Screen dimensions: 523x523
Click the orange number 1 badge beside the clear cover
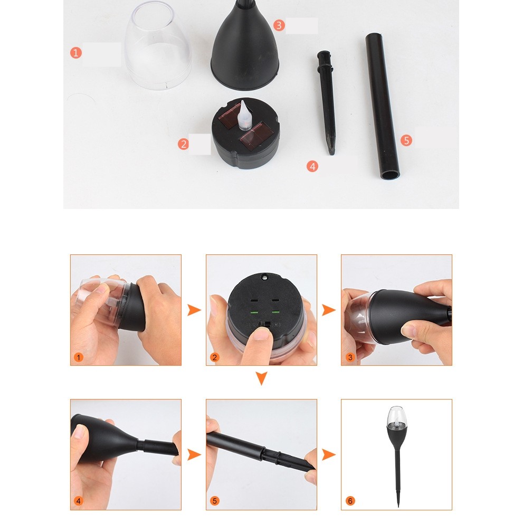coord(76,53)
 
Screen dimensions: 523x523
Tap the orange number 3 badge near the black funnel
coord(279,25)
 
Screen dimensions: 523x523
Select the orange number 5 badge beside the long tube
coord(406,140)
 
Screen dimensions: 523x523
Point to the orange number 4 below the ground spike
coord(312,166)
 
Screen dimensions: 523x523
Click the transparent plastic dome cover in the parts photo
coord(157,47)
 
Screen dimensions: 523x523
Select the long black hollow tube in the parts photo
coord(383,106)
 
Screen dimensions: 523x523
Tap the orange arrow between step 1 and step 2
coord(194,310)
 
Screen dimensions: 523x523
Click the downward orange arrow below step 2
coord(261,378)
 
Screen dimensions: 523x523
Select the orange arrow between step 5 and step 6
coord(329,454)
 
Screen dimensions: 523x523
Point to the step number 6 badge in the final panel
coord(350,501)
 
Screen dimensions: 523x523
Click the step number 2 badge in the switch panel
coord(214,357)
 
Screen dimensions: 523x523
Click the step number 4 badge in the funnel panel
coord(79,501)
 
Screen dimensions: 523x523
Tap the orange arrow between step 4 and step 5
coord(194,454)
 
